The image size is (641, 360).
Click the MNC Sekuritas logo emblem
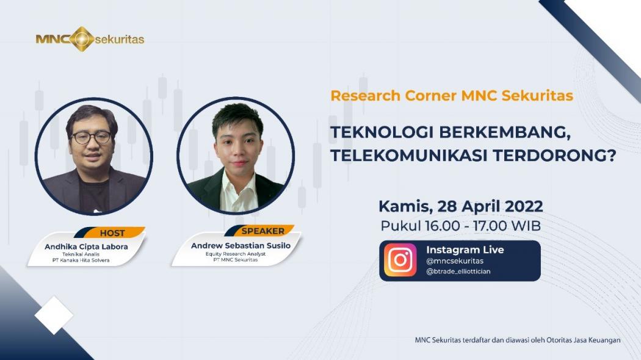tap(82, 39)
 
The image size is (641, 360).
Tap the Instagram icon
tap(400, 261)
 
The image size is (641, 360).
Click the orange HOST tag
tap(112, 233)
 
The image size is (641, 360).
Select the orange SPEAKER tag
tap(263, 231)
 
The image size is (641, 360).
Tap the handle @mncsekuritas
tap(454, 261)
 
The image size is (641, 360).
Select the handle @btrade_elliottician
tap(458, 272)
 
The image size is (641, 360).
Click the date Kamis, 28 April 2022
tap(460, 205)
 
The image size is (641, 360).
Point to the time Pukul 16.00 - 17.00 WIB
tap(460, 225)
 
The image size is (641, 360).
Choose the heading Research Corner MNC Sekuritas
tap(452, 96)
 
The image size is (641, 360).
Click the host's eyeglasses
tap(92, 137)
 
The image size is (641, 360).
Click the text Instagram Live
tap(465, 250)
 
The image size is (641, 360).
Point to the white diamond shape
tap(54, 315)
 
